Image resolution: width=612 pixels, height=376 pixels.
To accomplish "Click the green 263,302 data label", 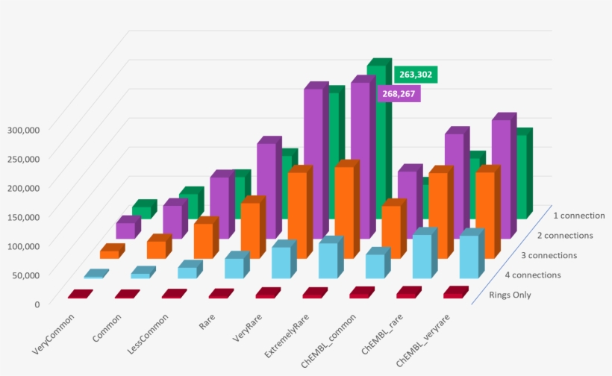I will [x=415, y=75].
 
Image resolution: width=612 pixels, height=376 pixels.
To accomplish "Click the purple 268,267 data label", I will [x=400, y=94].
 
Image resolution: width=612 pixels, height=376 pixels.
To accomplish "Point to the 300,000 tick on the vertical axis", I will [x=24, y=129].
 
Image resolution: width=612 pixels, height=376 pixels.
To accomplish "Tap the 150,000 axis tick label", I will [x=24, y=216].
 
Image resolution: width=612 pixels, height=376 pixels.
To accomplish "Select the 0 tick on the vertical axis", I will [x=36, y=304].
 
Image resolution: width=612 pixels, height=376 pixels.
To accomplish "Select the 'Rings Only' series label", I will [x=510, y=295].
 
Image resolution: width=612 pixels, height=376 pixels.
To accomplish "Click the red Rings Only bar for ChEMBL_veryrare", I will [x=452, y=294].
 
